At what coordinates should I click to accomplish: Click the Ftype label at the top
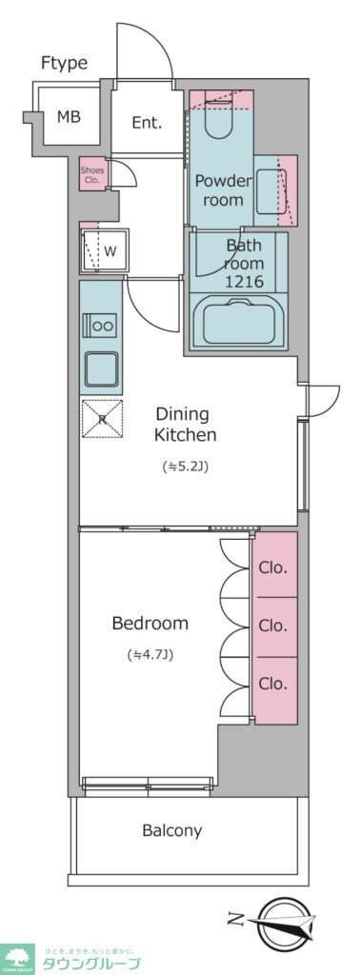click(64, 63)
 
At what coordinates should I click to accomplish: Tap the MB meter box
click(68, 117)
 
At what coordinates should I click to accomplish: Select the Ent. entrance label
click(146, 122)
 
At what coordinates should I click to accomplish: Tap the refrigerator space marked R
click(101, 418)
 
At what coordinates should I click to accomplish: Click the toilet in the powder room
click(218, 119)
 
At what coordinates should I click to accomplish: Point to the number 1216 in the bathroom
click(242, 282)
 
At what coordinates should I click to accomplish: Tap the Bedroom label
click(150, 624)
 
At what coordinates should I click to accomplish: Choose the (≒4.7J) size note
click(150, 655)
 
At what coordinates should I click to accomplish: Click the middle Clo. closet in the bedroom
click(274, 626)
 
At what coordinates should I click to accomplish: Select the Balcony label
click(172, 830)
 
